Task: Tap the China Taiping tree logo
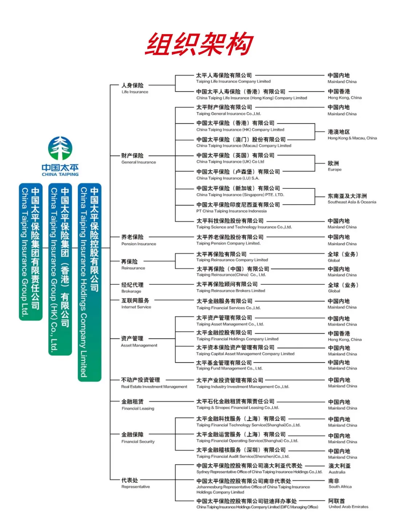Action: click(60, 148)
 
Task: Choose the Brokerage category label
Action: click(132, 287)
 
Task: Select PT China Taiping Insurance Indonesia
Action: click(238, 207)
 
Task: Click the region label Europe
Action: click(334, 166)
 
